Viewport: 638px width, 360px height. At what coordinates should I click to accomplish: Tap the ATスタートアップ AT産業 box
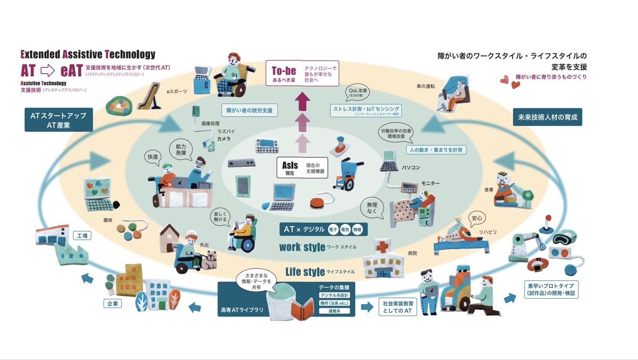(x=59, y=119)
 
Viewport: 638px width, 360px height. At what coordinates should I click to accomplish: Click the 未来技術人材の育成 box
(x=547, y=117)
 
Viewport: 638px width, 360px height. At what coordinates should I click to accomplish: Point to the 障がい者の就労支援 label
(x=249, y=110)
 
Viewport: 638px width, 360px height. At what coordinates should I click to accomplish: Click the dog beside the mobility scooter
(x=209, y=260)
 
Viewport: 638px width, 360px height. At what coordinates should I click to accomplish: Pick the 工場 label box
(x=82, y=236)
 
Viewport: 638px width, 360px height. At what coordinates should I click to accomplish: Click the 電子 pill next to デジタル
(x=333, y=230)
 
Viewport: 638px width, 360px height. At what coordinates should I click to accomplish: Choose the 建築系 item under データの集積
(x=334, y=311)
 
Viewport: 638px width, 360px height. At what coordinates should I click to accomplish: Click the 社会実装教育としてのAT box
(x=397, y=307)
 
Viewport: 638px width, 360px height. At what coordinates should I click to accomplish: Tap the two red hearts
(x=510, y=82)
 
